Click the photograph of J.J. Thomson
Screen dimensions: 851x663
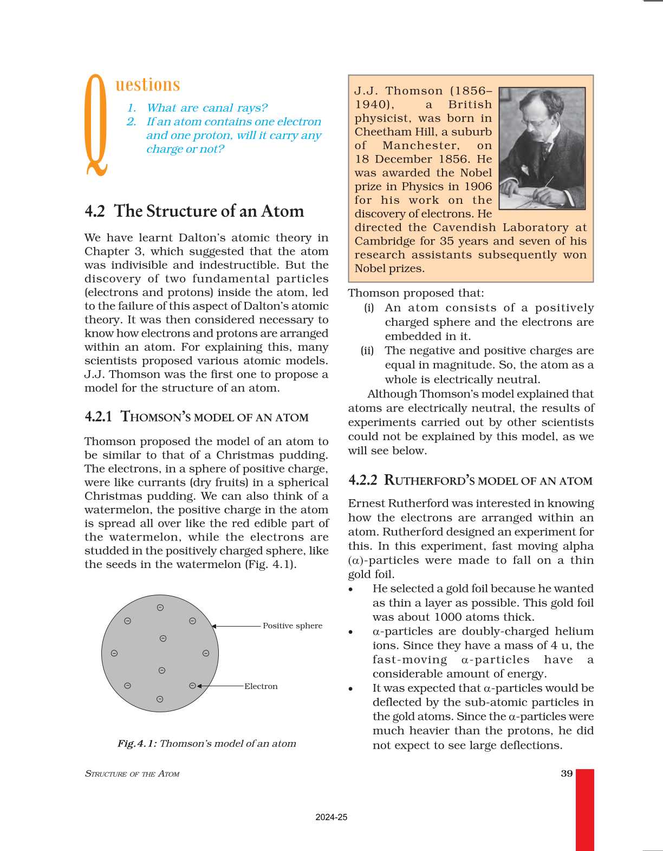[541, 148]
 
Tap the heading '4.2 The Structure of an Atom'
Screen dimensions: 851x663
[194, 211]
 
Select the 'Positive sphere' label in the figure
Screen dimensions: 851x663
[292, 626]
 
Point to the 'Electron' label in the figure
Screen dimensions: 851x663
[261, 686]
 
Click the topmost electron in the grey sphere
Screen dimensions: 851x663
[160, 608]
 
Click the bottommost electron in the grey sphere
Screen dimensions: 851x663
[160, 699]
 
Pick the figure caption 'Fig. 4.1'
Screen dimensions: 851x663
[207, 744]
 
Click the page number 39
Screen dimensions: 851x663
[567, 773]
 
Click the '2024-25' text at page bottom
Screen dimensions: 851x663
[331, 817]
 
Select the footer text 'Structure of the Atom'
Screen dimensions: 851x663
[132, 774]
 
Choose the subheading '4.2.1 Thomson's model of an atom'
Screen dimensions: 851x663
[197, 417]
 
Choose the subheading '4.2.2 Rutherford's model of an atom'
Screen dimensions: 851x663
[470, 480]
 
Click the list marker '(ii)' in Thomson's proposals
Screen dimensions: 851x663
[367, 351]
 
